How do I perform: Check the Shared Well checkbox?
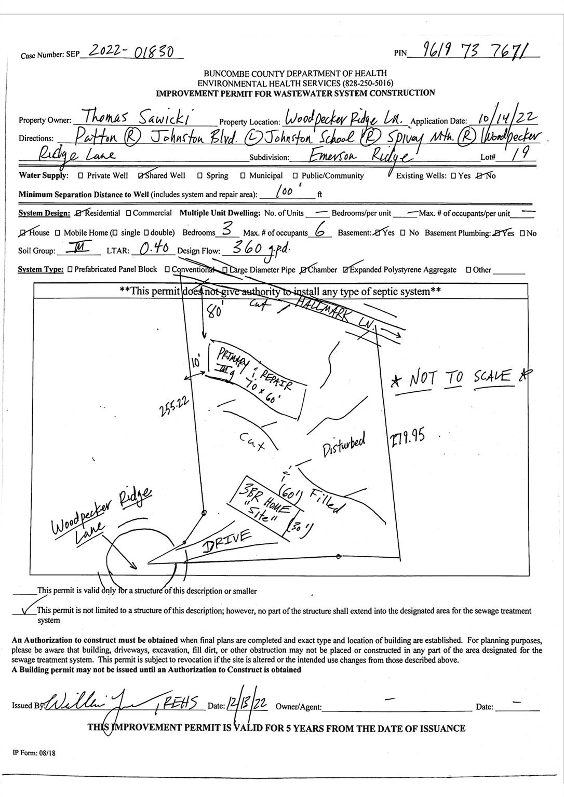tap(141, 176)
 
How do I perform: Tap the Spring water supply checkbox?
tap(199, 176)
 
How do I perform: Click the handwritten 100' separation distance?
tap(288, 191)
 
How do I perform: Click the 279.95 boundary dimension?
tap(407, 439)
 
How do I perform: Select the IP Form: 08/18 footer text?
tap(34, 753)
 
